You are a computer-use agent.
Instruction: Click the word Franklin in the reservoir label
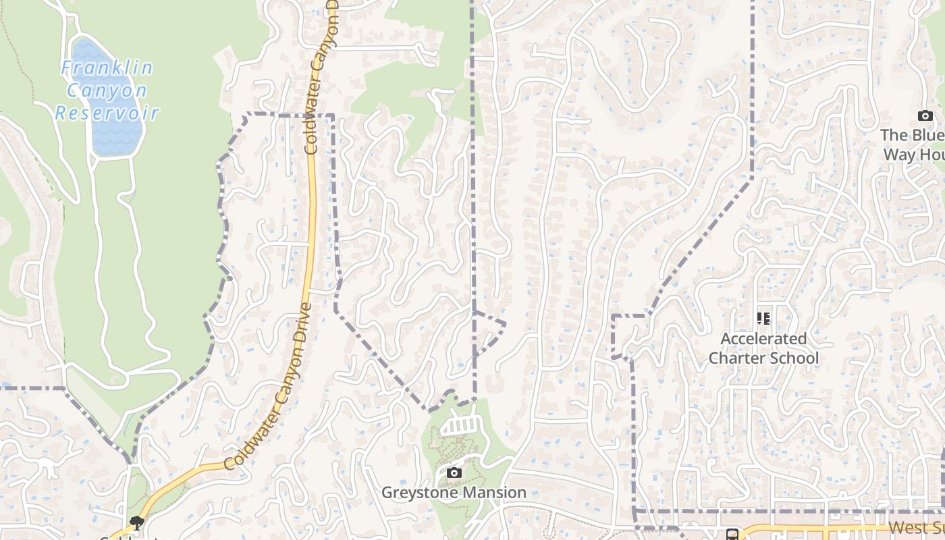point(107,68)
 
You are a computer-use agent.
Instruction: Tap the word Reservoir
point(107,113)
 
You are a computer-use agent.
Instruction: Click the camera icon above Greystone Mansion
point(454,473)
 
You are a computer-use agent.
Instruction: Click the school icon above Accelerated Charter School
point(763,318)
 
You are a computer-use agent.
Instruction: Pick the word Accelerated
point(763,338)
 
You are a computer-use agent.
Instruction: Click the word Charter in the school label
point(737,358)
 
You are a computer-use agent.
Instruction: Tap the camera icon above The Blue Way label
point(925,116)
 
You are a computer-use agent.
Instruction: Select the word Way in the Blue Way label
point(899,155)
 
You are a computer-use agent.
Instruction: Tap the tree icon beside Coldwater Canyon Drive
point(137,522)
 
